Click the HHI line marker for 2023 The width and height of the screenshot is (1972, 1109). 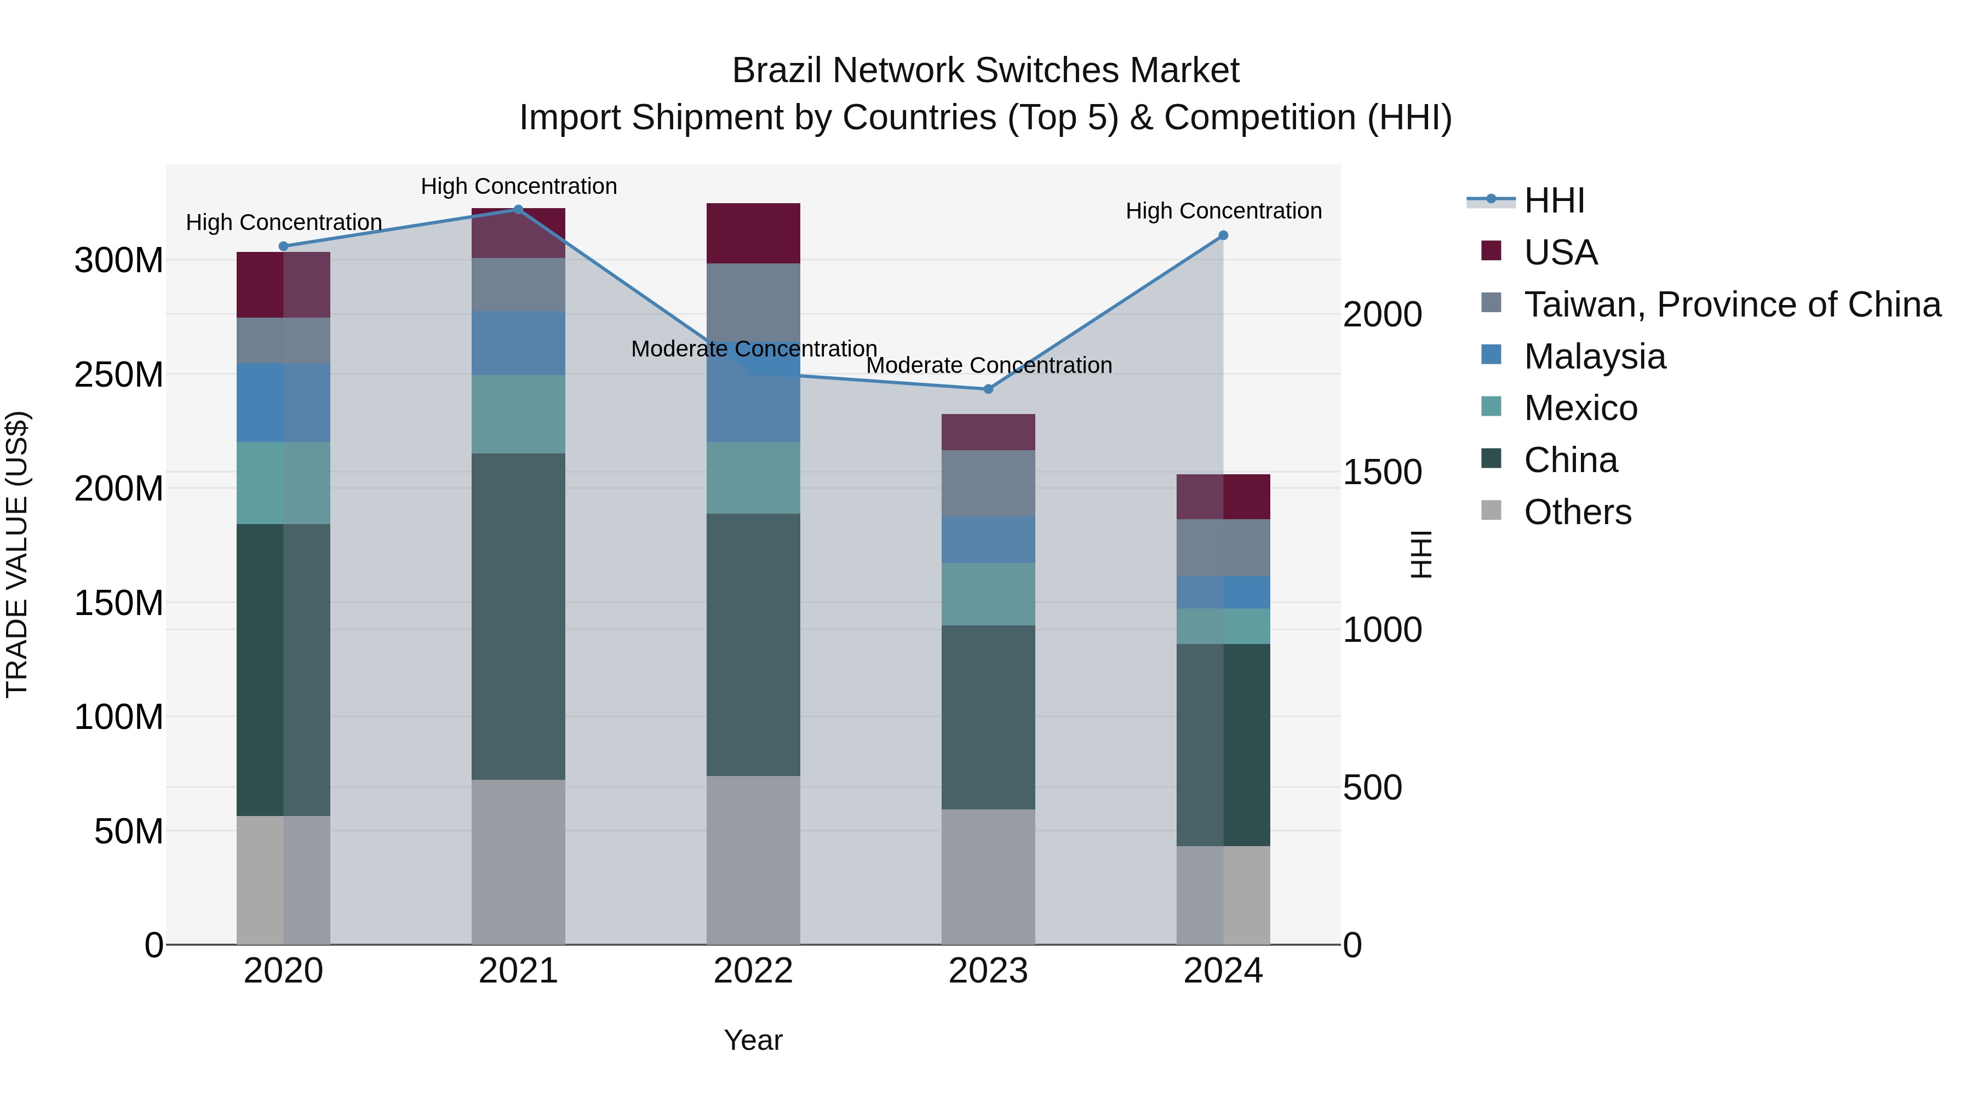coord(988,389)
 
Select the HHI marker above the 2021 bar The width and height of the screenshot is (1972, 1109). coord(518,210)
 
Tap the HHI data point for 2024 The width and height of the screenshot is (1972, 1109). coord(1223,235)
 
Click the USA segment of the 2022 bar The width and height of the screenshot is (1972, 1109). coord(753,233)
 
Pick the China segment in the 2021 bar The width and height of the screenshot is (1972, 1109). coord(518,616)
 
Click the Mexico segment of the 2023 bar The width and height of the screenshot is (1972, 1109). coord(988,594)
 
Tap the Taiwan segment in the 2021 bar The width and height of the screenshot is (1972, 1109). coord(518,285)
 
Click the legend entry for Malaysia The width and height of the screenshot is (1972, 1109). coord(1594,357)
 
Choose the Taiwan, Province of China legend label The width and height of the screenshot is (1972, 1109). coord(1732,304)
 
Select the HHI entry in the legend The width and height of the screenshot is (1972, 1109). coord(1554,200)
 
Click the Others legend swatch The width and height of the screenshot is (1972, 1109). coord(1491,510)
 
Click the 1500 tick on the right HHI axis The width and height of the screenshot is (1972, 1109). coord(1382,472)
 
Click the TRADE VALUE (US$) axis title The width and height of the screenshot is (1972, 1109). coord(17,554)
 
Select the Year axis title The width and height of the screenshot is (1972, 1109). coord(753,1040)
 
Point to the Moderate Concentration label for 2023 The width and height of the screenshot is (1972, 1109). coord(988,365)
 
